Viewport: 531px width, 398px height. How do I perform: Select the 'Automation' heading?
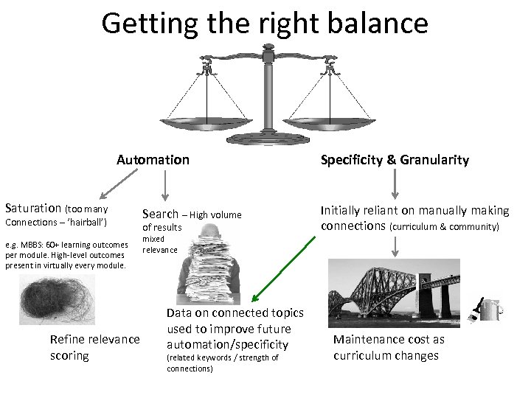(x=153, y=160)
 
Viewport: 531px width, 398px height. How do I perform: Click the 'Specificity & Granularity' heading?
(x=395, y=160)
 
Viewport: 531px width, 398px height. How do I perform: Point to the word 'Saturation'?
(x=34, y=209)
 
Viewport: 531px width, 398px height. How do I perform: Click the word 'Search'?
(x=160, y=214)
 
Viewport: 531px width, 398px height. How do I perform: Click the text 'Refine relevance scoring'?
(x=94, y=347)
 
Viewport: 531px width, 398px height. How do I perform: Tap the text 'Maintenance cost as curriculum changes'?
(x=389, y=347)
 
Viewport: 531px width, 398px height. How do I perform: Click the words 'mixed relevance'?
(x=160, y=245)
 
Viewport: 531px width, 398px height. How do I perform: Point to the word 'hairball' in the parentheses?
(x=87, y=222)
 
